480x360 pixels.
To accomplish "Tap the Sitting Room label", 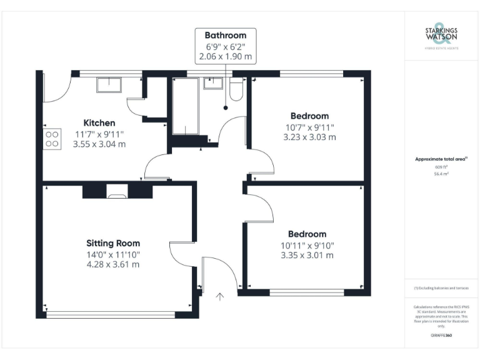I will (x=113, y=243).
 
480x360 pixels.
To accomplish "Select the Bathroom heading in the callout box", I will (x=226, y=35).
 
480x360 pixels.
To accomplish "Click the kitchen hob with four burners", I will (x=52, y=139).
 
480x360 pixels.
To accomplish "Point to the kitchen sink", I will (x=110, y=84).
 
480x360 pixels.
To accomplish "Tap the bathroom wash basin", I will (x=214, y=83).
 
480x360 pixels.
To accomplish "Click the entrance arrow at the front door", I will (x=219, y=296).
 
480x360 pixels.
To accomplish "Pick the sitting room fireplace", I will (x=117, y=192).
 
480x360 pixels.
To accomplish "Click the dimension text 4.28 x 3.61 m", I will (x=113, y=264).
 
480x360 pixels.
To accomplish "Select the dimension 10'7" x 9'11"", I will (x=309, y=126).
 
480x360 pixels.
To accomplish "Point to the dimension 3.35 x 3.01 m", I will (x=307, y=255).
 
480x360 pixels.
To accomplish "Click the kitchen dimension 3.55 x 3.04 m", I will (x=99, y=144).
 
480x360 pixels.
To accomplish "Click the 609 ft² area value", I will (x=441, y=167).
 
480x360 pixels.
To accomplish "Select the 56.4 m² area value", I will (x=441, y=174).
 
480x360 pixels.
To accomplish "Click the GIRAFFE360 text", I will (x=441, y=336).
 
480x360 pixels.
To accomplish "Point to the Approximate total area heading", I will (x=441, y=159).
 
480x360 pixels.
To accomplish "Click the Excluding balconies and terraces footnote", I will (x=441, y=287).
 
